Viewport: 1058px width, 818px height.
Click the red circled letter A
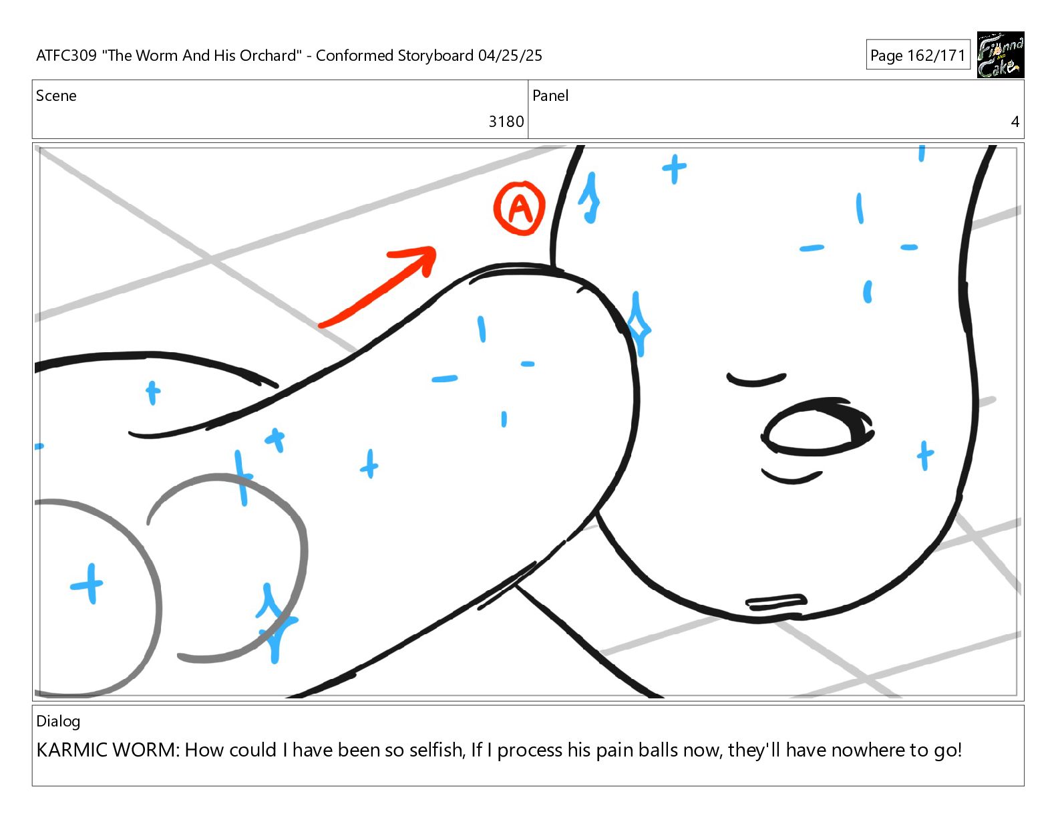click(x=520, y=209)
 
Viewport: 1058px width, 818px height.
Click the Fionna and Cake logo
click(x=1001, y=55)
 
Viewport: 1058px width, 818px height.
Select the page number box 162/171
click(x=918, y=55)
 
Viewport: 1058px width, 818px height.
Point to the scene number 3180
click(x=506, y=122)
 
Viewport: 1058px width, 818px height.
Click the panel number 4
click(x=1015, y=122)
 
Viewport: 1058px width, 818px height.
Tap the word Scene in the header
click(x=57, y=96)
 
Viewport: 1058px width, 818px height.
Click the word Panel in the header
click(x=550, y=96)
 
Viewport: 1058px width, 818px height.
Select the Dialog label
click(x=58, y=722)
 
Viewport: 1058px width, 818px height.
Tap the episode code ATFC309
click(x=66, y=55)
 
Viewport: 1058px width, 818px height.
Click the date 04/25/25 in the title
click(x=510, y=55)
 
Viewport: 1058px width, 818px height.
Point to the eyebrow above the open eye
click(x=755, y=380)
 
